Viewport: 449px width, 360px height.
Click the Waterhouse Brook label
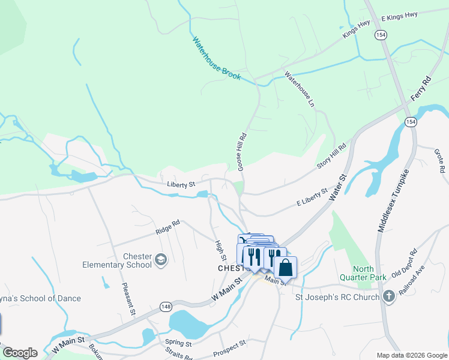[217, 59]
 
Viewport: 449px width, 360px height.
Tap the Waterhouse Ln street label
[299, 89]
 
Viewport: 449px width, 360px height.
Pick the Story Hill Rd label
[332, 157]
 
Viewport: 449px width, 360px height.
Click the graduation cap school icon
[160, 259]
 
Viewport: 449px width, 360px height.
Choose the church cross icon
[389, 296]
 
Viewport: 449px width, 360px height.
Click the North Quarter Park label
[363, 274]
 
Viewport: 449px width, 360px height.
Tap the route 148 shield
[166, 307]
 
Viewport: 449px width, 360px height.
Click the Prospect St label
[229, 347]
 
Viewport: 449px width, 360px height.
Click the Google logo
[20, 353]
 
